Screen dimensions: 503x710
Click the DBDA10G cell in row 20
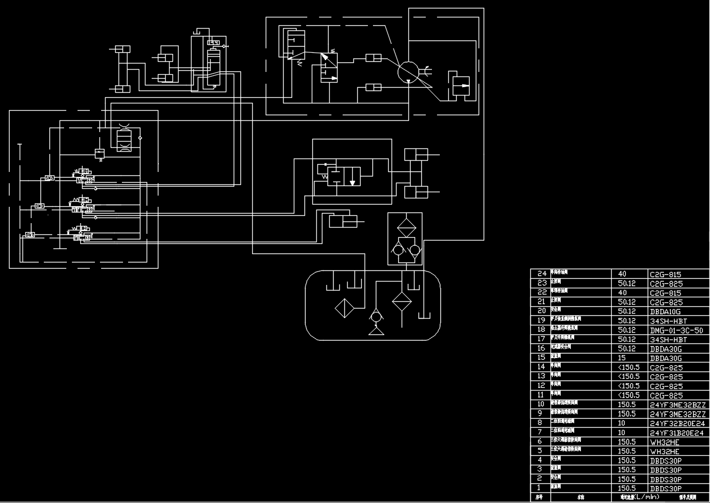click(665, 311)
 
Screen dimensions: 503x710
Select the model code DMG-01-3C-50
click(676, 330)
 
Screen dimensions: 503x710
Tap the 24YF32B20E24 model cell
click(676, 423)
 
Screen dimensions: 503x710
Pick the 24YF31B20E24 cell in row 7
click(676, 432)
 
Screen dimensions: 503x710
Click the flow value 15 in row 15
click(621, 357)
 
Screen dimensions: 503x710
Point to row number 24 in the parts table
click(541, 274)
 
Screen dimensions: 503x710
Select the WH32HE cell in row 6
click(665, 441)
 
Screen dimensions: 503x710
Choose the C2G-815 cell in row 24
click(665, 274)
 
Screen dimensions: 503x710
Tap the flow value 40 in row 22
click(621, 293)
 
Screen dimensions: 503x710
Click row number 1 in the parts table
click(539, 488)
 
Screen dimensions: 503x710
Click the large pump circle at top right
click(408, 72)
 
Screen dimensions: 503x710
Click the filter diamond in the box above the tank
click(404, 229)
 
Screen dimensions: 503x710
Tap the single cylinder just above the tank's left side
click(343, 221)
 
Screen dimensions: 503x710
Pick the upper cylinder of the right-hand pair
click(416, 154)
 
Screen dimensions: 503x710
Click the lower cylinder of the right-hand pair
click(416, 192)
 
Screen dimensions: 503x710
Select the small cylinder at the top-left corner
click(122, 50)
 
